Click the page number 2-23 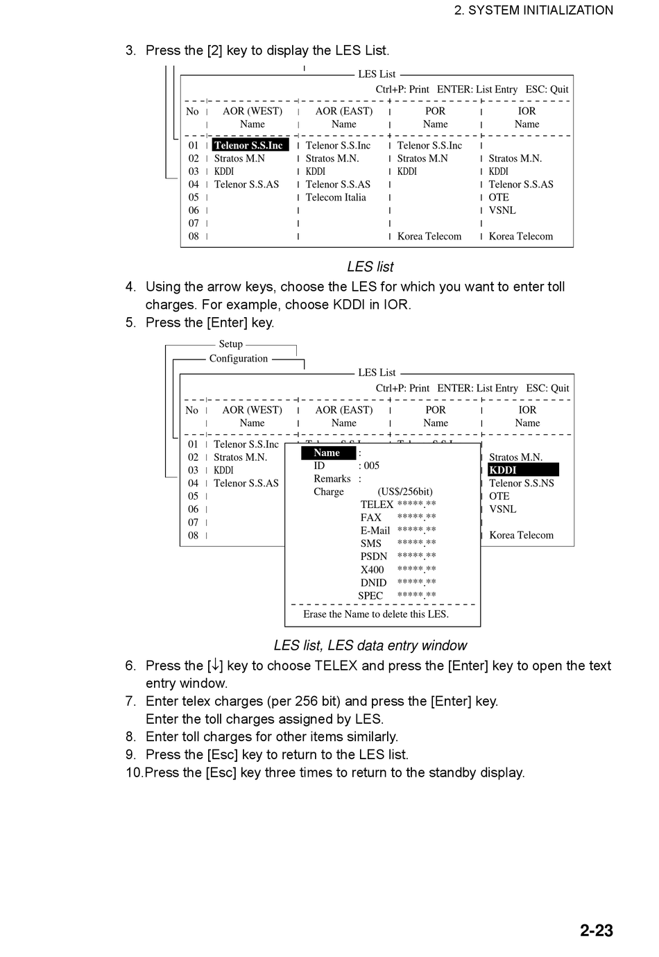pos(596,930)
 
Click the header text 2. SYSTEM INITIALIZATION pos(533,10)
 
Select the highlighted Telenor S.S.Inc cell pos(249,145)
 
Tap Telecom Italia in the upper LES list pos(336,197)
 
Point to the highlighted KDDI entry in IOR pos(522,470)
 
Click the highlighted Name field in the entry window pos(327,452)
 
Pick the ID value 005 pos(372,466)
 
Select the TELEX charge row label pos(377,505)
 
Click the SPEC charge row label pos(370,595)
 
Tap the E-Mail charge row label pos(375,531)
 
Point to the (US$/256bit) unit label pos(405,491)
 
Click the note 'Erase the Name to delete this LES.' pos(376,614)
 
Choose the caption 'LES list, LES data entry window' pos(370,645)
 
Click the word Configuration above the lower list pos(239,358)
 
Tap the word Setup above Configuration pos(231,344)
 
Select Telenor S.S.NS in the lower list pos(522,483)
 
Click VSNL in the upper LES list pos(502,210)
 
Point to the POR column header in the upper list pos(435,111)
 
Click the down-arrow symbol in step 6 pos(216,666)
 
